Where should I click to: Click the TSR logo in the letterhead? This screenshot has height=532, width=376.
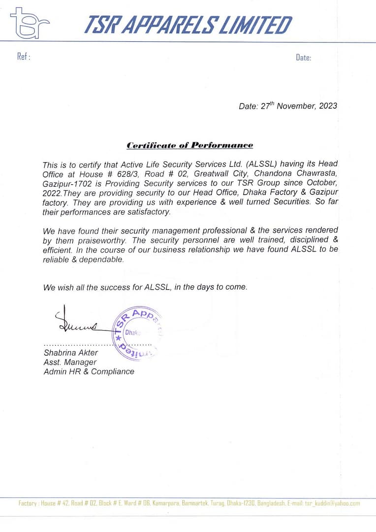[x=30, y=23]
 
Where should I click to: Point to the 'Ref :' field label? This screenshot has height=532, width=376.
[x=24, y=57]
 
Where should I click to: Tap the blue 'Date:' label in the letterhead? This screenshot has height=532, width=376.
[x=303, y=58]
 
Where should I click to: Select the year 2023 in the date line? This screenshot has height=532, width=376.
[x=328, y=106]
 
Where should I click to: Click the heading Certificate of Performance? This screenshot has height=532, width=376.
[x=189, y=145]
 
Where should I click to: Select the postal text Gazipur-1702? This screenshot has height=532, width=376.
[x=65, y=183]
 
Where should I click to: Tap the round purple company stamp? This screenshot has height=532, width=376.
[x=137, y=333]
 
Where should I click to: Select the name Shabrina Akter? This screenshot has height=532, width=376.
[x=70, y=353]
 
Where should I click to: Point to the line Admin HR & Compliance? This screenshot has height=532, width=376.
[x=89, y=371]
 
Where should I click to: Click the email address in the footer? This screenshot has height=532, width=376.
[x=332, y=503]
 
